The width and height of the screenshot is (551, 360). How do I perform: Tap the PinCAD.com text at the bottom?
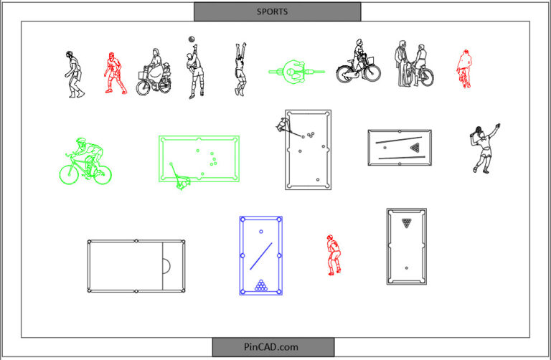pyautogui.click(x=273, y=347)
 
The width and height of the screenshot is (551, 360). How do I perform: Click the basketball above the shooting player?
pyautogui.click(x=192, y=39)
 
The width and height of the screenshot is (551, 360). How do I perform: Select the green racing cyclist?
pyautogui.click(x=85, y=161)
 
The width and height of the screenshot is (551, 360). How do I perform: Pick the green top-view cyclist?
pyautogui.click(x=296, y=71)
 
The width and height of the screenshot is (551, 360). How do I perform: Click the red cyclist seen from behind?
pyautogui.click(x=464, y=69)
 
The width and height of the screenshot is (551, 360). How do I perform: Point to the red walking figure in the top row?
pyautogui.click(x=112, y=72)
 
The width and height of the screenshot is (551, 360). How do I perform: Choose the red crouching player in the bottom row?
pyautogui.click(x=332, y=255)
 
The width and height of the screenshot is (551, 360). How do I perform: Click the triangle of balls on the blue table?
pyautogui.click(x=260, y=285)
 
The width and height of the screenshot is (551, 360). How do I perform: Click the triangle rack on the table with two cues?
pyautogui.click(x=415, y=148)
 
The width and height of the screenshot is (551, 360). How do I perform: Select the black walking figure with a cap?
pyautogui.click(x=72, y=74)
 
